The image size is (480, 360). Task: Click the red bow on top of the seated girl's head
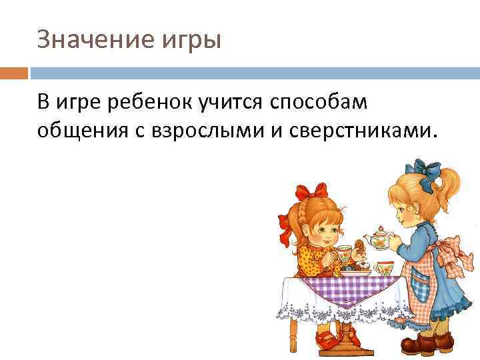tap(311, 193)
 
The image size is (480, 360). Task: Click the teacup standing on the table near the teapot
tap(385, 268)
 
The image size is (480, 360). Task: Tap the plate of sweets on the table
tap(357, 271)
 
